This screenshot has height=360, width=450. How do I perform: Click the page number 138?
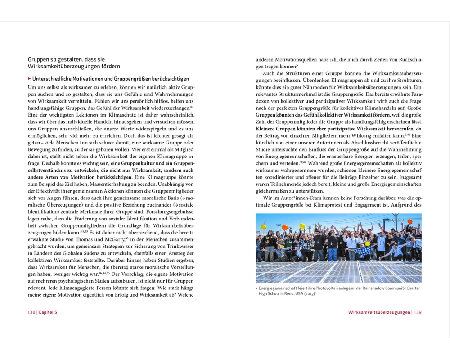pyautogui.click(x=31, y=312)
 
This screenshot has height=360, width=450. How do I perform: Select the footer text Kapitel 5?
pyautogui.click(x=48, y=312)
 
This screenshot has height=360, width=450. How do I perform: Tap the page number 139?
pyautogui.click(x=417, y=312)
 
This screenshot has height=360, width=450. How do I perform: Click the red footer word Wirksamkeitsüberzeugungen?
pyautogui.click(x=379, y=312)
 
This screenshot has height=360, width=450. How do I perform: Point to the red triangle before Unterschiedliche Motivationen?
pyautogui.click(x=29, y=79)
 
